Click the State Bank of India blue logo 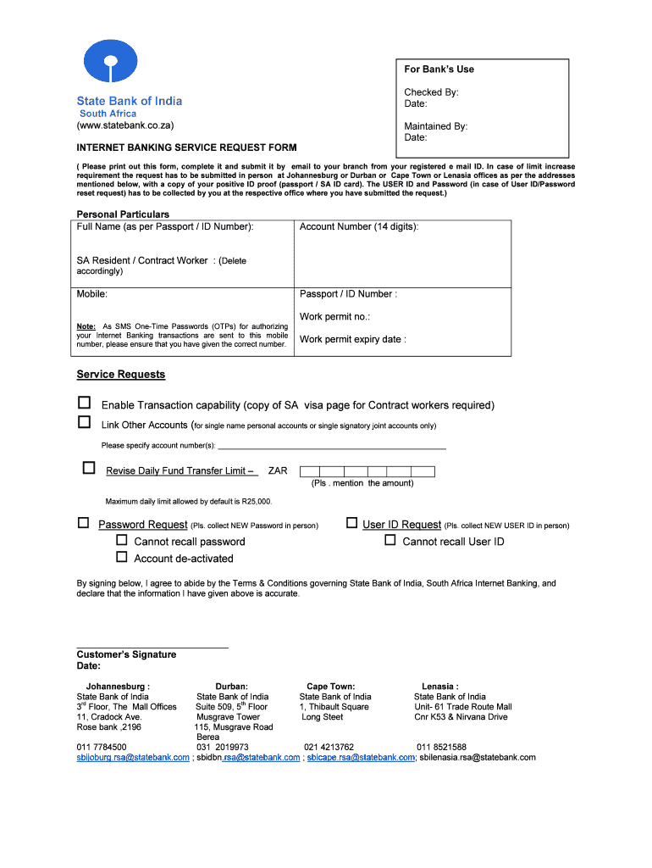pos(108,62)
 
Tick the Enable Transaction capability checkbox pos(84,403)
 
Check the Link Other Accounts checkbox pos(84,422)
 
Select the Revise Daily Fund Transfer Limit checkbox pos(89,468)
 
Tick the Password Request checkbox pos(83,523)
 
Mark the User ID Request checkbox pos(351,523)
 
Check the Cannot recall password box pos(121,540)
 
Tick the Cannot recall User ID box pos(390,540)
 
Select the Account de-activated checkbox pos(121,557)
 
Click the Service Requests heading pos(121,375)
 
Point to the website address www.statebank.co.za pos(125,125)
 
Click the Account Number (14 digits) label pos(359,227)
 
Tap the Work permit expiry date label pos(352,340)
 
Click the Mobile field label pos(92,294)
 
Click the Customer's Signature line pos(152,647)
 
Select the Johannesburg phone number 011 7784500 pos(102,747)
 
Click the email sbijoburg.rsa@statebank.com pos(133,758)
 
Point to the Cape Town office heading pos(330,687)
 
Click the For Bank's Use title pos(439,70)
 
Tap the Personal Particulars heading pos(123,214)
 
